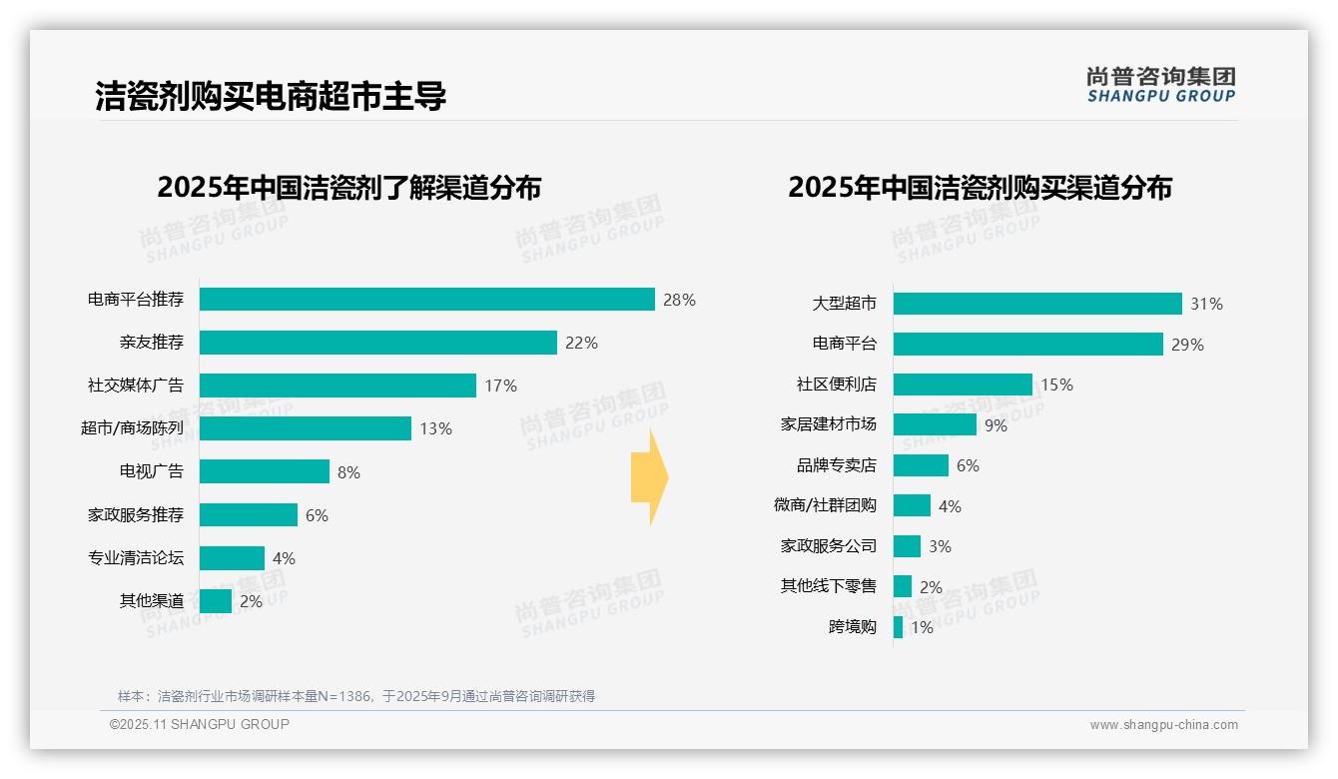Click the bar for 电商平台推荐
[x=426, y=300]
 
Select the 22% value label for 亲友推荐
[x=581, y=343]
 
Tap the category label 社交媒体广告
[x=136, y=386]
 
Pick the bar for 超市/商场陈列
[x=305, y=428]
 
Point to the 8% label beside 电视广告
[x=348, y=472]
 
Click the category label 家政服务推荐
[x=136, y=515]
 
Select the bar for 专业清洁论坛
[x=232, y=558]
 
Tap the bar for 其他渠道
[x=216, y=601]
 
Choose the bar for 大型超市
[x=1037, y=304]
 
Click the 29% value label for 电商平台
[x=1188, y=345]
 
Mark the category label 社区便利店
[x=836, y=385]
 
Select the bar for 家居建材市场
[x=935, y=424]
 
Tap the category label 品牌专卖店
[x=836, y=465]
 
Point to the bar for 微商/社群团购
[x=912, y=506]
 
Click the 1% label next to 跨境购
[x=922, y=627]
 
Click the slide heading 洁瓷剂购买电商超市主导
[x=271, y=96]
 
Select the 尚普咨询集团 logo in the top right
[x=1160, y=85]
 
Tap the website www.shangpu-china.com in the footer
[x=1163, y=725]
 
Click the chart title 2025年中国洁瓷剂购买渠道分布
[x=980, y=188]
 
